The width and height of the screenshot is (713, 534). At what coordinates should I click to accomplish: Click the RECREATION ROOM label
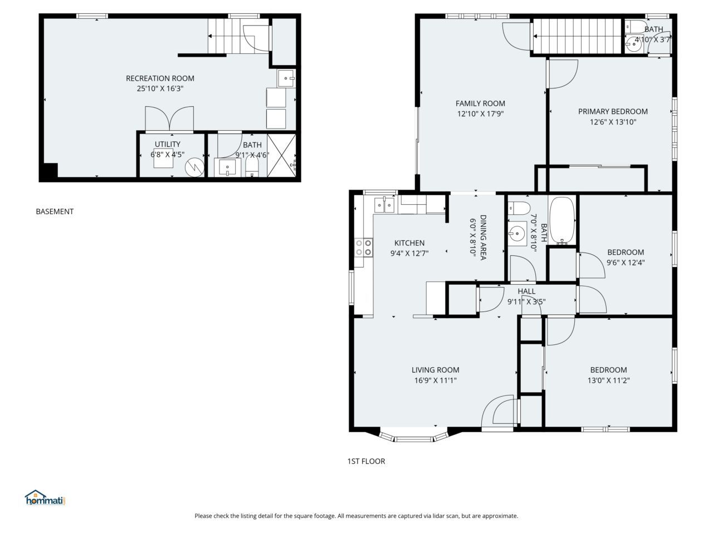pos(160,78)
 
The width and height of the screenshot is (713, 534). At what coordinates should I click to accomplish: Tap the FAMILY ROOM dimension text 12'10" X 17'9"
pos(480,113)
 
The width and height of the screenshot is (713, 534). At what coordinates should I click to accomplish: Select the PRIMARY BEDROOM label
pos(613,111)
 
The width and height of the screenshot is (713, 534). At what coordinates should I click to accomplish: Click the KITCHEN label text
pos(409,243)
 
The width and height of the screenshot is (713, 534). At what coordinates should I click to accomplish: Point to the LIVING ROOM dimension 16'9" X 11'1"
pos(435,380)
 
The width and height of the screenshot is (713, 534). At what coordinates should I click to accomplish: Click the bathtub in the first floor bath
pos(562,220)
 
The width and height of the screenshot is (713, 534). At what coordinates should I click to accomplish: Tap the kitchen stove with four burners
pos(364,248)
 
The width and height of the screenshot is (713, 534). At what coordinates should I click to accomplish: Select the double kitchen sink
pos(384,205)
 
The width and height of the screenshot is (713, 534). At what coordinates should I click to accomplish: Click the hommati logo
pos(45,497)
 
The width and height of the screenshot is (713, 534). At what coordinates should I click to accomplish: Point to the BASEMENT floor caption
pos(55,211)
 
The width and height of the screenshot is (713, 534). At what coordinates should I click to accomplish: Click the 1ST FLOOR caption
pos(366,461)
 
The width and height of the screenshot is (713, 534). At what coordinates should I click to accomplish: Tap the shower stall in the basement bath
pos(281,155)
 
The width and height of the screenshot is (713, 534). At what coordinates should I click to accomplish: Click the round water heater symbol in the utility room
pos(194,167)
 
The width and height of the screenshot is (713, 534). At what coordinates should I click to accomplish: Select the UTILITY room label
pos(167,144)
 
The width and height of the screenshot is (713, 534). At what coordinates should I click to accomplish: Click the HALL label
pos(526,291)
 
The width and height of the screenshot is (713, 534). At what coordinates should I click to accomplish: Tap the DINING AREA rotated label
pos(483,238)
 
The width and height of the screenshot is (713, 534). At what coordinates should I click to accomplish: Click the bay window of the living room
pos(413,437)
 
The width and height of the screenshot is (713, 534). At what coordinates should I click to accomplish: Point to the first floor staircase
pos(577,36)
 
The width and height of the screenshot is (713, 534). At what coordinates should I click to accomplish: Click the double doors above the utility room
pos(169,118)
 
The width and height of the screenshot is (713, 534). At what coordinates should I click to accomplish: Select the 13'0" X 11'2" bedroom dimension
pos(608,380)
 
